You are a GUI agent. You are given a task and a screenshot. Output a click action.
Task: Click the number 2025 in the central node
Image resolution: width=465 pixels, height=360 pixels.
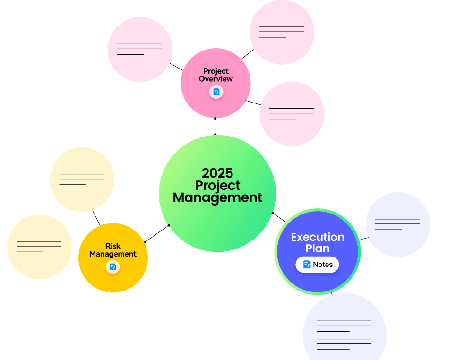coord(217,173)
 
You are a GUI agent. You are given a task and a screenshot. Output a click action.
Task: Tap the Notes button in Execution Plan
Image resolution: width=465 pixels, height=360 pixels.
coord(317,265)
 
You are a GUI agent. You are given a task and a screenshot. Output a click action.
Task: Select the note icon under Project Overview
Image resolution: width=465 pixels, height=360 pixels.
coord(216,92)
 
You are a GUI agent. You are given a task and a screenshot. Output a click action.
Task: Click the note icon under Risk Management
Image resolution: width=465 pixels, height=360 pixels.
coord(112,267)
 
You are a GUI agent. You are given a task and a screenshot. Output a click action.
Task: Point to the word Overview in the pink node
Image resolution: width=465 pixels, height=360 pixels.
coord(216,79)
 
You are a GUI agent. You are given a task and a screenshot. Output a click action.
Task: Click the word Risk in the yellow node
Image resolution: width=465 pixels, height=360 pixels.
coord(113,246)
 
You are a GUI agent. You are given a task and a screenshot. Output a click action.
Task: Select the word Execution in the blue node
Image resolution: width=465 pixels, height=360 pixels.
coord(318,237)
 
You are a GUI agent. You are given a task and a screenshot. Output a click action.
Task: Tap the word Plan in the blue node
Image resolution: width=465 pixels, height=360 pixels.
coord(318,249)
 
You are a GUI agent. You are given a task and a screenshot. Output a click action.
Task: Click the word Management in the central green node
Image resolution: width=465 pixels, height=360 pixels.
coord(217,198)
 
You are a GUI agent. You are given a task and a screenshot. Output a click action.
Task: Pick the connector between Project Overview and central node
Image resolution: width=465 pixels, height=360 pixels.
coord(215,127)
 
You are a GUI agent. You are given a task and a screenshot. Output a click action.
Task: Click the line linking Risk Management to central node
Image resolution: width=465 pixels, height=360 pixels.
coord(157,234)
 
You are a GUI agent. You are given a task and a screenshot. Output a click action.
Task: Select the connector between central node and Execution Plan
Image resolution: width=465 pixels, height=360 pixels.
coord(279,218)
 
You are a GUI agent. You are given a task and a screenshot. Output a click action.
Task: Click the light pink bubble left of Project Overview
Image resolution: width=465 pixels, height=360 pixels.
coord(140,50)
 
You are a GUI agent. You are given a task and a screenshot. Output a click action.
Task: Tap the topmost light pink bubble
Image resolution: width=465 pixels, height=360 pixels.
coord(282,32)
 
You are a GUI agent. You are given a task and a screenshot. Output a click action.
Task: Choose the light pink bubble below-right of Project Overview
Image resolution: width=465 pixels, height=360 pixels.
coord(292,114)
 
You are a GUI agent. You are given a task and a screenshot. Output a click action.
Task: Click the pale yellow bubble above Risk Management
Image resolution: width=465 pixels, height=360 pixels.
coord(82,180)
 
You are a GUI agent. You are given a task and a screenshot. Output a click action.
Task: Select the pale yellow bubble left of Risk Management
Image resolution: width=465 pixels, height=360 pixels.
coord(39,247)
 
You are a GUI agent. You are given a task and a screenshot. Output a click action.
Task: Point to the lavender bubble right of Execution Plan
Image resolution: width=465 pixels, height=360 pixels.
coord(398,224)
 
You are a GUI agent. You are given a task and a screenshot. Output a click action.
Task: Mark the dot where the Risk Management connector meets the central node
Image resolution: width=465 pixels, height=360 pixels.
coord(169,225)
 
